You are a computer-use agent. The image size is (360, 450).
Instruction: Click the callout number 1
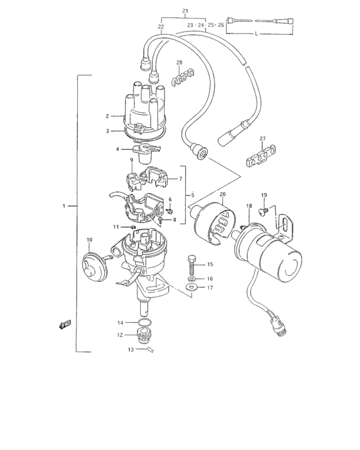coord(64,206)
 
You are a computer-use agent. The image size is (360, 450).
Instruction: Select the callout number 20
coord(222,194)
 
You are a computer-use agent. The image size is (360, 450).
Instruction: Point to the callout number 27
coord(262,139)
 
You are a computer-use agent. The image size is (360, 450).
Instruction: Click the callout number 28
coord(179,62)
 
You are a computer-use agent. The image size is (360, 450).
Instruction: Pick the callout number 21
coord(185,12)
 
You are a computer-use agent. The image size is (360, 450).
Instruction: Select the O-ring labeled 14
coord(146,322)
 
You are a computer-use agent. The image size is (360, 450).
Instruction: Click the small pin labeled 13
coord(149,350)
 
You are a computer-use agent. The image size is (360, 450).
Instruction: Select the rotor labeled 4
coord(148,150)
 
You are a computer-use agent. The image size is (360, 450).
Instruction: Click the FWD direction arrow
coord(66,325)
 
